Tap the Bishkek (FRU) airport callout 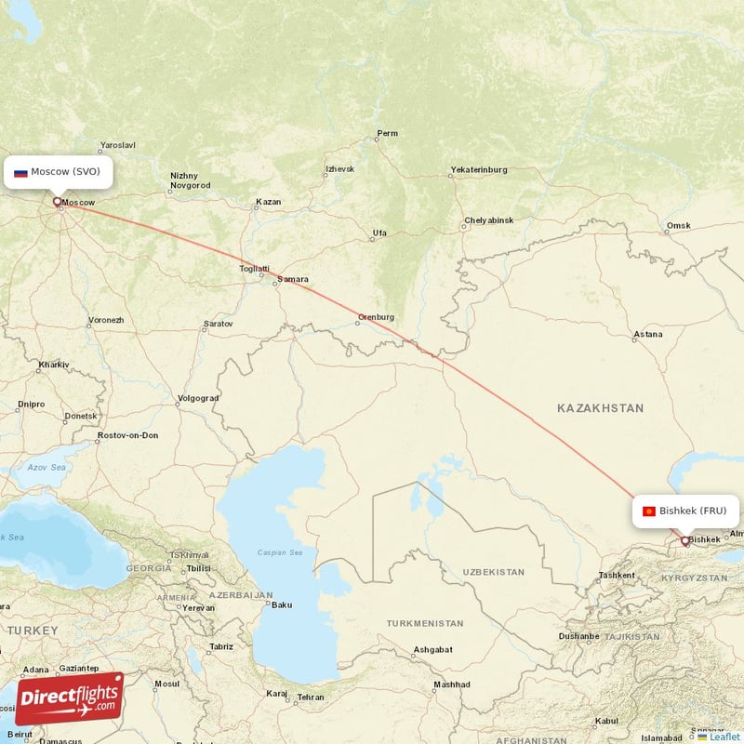[686, 511]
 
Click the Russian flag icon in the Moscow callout [20, 172]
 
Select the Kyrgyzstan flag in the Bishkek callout [649, 511]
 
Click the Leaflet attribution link [724, 737]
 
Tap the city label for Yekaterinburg [478, 170]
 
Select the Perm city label [387, 134]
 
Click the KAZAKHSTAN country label [600, 408]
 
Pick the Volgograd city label [197, 399]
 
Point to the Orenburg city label [376, 317]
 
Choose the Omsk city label [679, 227]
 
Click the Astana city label [647, 335]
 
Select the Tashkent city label [617, 575]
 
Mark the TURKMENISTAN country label [425, 622]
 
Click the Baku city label [281, 604]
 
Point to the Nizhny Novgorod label [190, 180]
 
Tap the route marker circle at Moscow [57, 201]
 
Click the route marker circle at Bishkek [686, 540]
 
